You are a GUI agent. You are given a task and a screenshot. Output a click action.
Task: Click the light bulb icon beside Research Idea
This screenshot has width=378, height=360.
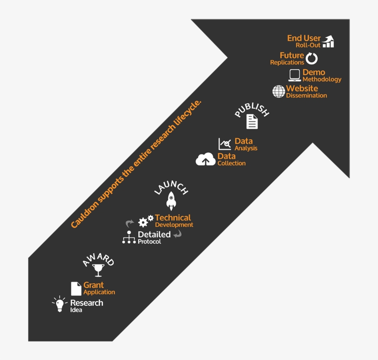(59, 304)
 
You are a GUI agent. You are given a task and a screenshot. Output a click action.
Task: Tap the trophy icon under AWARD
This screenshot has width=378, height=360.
(98, 270)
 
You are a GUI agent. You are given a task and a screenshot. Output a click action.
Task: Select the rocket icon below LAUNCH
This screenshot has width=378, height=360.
(171, 201)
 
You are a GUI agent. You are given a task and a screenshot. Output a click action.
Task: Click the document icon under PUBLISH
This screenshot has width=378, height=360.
(252, 122)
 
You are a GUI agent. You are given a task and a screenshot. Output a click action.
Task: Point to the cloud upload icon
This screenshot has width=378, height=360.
(206, 159)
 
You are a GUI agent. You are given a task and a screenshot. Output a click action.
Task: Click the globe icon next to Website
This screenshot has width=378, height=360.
(279, 91)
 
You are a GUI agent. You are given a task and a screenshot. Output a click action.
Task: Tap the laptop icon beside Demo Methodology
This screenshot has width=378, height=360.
(295, 75)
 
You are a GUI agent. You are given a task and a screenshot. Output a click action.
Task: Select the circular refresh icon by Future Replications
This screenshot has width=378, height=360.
(312, 59)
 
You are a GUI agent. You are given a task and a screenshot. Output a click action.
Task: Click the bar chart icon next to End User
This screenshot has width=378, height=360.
(328, 41)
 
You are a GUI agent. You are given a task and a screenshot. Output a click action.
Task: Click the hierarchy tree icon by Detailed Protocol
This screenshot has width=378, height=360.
(129, 237)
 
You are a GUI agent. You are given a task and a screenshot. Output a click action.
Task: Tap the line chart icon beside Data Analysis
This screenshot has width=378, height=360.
(224, 144)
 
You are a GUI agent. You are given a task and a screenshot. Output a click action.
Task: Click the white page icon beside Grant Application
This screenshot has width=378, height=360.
(76, 289)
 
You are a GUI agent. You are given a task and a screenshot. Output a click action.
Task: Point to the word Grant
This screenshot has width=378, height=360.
(94, 285)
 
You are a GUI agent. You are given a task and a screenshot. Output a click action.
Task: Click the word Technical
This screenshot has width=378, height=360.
(173, 218)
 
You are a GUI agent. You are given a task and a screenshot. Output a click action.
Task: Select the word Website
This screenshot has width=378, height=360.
(302, 88)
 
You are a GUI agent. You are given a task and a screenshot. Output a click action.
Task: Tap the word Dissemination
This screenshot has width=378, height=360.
(307, 95)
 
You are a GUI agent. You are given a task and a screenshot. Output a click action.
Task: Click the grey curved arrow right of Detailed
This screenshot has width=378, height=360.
(177, 234)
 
